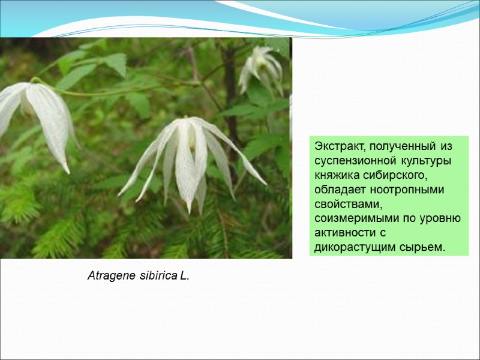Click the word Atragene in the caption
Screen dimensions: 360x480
(x=109, y=277)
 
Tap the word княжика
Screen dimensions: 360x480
(x=338, y=175)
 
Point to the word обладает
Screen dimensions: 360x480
(x=340, y=190)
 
